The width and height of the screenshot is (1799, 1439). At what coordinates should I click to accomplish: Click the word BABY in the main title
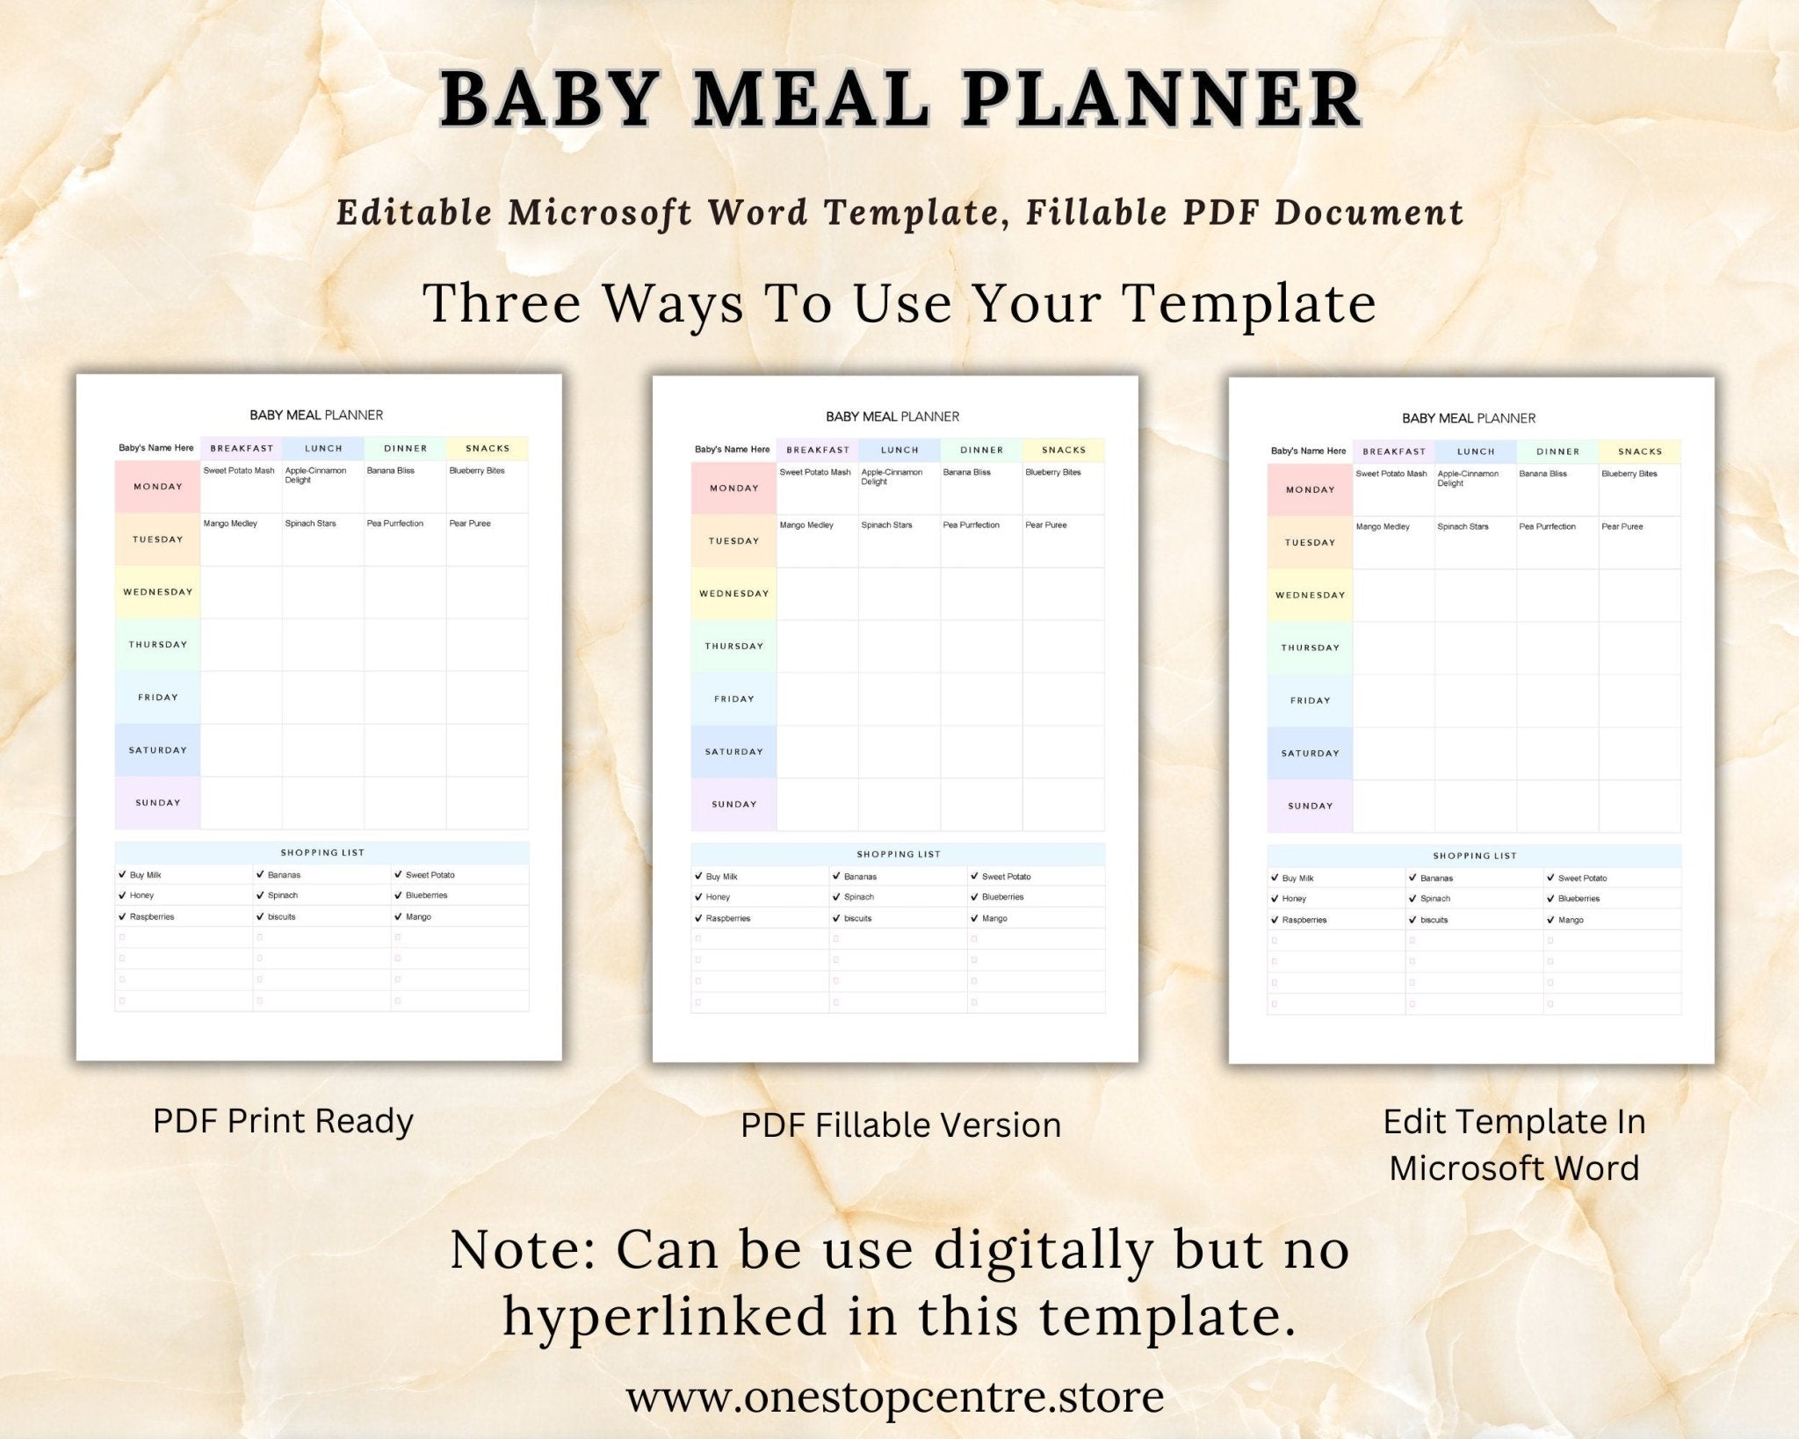click(551, 98)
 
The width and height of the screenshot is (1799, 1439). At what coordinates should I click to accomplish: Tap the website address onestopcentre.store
click(895, 1396)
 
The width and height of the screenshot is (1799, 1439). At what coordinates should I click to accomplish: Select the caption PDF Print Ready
click(283, 1121)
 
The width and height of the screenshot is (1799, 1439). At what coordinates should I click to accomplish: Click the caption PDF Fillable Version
click(900, 1125)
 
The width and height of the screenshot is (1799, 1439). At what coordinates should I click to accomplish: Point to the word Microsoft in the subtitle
click(599, 213)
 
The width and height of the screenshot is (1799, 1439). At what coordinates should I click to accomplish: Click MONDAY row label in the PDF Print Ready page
click(158, 487)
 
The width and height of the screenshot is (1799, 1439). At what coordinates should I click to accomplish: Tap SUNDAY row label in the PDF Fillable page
click(733, 805)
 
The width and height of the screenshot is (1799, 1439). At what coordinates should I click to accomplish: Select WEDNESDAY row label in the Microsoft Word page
click(1310, 596)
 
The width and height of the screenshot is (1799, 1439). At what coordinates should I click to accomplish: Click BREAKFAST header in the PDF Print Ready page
click(242, 448)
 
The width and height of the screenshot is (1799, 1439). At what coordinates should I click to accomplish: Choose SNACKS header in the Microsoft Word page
click(1640, 452)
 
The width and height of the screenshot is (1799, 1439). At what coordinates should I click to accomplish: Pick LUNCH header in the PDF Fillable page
click(899, 450)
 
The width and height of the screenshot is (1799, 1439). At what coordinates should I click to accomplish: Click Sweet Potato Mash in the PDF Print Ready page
click(239, 471)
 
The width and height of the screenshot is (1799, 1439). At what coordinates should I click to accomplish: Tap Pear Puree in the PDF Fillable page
click(1045, 525)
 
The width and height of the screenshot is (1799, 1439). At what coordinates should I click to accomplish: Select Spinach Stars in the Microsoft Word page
click(1463, 527)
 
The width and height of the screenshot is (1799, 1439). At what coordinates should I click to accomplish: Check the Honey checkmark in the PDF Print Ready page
click(122, 895)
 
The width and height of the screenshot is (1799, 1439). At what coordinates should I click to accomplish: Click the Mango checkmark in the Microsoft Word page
click(1550, 920)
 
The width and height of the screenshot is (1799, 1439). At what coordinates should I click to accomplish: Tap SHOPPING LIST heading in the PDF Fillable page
click(898, 854)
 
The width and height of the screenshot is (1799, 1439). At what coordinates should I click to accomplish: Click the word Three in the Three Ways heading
click(502, 304)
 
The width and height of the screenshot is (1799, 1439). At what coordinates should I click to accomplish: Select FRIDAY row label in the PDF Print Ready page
click(158, 698)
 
